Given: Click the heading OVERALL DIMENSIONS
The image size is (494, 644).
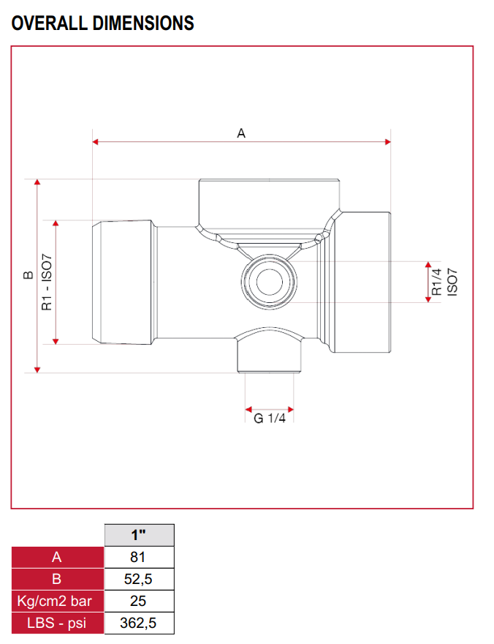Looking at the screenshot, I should coord(103,23).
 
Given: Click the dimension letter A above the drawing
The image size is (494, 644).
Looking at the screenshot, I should coord(241,133).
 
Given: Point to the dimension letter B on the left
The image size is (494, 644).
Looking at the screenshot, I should coord(28,275).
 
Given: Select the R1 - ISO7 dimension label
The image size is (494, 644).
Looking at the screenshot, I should coord(47,282).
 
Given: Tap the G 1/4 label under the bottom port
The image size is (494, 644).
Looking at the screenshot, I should coord(269,419).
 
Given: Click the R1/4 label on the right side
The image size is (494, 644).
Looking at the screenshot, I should coord(436,282).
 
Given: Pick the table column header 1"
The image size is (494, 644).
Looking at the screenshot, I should coord(140,535).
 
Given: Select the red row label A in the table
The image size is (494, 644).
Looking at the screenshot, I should coord(58,557).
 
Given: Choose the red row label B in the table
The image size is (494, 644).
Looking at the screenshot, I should coord(58,579).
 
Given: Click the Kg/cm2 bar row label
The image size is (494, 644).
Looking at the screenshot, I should coord(58,601).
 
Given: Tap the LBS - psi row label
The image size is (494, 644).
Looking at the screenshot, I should coord(58,623).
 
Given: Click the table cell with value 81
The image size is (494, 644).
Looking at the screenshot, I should coord(140,557).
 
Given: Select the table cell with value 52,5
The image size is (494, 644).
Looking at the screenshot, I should coord(140,579).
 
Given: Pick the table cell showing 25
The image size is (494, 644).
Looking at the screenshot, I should coord(140,601).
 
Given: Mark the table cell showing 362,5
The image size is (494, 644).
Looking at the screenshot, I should coord(140,623).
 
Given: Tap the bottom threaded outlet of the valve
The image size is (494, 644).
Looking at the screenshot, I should coord(270,359).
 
